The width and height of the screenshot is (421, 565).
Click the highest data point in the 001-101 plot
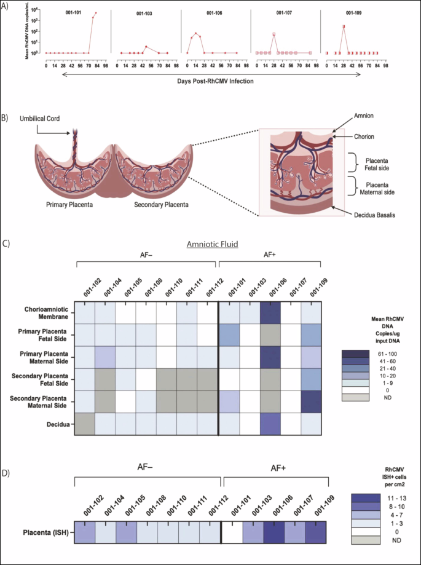[x=96, y=13]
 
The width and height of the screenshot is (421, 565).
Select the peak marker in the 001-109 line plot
[x=344, y=26]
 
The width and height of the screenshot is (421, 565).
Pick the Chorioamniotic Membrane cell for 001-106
[x=270, y=312]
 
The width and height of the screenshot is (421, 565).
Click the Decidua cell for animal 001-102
[x=85, y=424]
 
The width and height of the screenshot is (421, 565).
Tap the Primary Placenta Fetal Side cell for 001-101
[x=229, y=335]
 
